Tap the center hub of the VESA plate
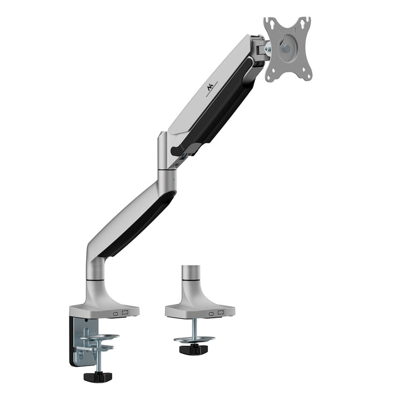286,48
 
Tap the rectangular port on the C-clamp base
125,313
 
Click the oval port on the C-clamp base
116,313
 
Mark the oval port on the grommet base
211,313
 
